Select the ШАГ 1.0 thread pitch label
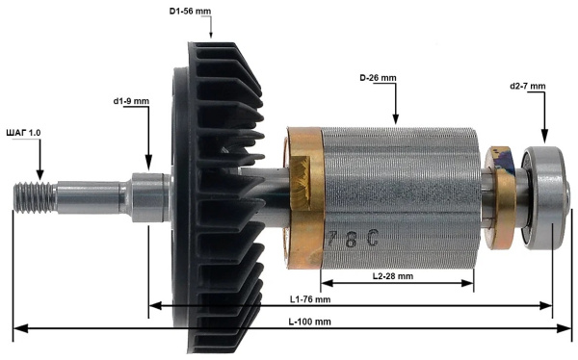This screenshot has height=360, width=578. [24, 131]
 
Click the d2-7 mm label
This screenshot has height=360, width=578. [527, 86]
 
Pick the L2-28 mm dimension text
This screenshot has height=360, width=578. [392, 275]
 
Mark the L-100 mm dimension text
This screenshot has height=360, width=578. [310, 321]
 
